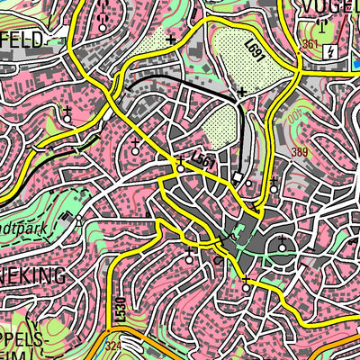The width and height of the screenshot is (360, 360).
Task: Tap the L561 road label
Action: [205, 159]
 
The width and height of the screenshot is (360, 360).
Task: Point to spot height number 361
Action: [311, 44]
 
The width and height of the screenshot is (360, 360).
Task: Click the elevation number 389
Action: [300, 152]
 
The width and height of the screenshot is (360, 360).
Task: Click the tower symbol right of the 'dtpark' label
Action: [78, 219]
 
